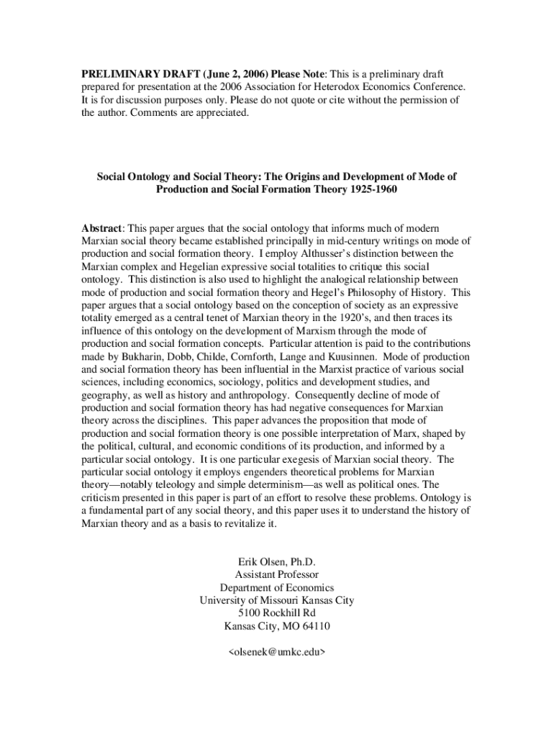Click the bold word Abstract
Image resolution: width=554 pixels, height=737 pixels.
103,228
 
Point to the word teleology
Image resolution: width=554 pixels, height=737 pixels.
163,484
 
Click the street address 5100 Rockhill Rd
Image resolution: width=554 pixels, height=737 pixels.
277,612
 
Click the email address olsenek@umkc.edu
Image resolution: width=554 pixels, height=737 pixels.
277,651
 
